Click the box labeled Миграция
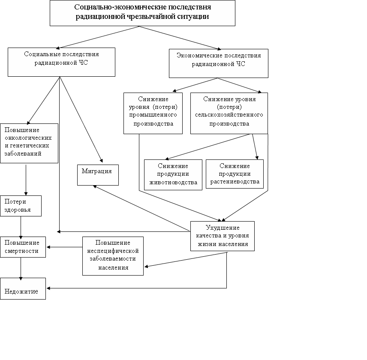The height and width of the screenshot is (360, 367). coord(98,175)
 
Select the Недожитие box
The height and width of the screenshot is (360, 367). coord(23,288)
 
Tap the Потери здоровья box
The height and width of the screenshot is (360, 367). coord(21,206)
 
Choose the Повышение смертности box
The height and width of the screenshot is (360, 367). coord(23,247)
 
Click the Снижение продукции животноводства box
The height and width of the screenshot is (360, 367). coord(173,175)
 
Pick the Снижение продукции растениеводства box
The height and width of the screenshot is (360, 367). coord(235,174)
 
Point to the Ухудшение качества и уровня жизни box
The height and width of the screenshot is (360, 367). coord(223,236)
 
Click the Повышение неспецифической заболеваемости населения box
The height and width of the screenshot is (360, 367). coord(113,256)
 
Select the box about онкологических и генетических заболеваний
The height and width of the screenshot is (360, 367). coord(29,143)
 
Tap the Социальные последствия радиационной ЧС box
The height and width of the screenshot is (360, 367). coord(62,62)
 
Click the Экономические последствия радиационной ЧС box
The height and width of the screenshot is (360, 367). coord(219,63)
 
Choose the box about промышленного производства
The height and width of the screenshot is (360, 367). coord(153,113)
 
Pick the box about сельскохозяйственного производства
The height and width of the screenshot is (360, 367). coord(229,113)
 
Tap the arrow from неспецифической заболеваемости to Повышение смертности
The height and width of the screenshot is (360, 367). coord(65,247)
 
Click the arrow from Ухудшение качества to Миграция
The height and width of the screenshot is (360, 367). coord(141,208)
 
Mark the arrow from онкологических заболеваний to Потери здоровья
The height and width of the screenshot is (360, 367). coord(26,180)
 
